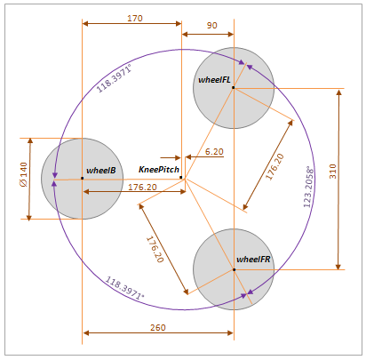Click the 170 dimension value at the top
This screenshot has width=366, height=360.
tap(134, 18)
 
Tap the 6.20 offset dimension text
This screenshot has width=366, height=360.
tap(214, 152)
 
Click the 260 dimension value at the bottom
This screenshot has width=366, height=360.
tap(157, 328)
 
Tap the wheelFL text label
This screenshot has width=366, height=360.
tap(214, 80)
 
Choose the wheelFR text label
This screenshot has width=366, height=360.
tap(253, 260)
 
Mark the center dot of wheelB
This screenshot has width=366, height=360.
tap(82, 179)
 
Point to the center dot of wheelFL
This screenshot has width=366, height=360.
tap(233, 87)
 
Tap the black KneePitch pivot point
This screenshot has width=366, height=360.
tap(181, 178)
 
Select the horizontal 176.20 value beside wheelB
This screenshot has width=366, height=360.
tap(142, 188)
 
